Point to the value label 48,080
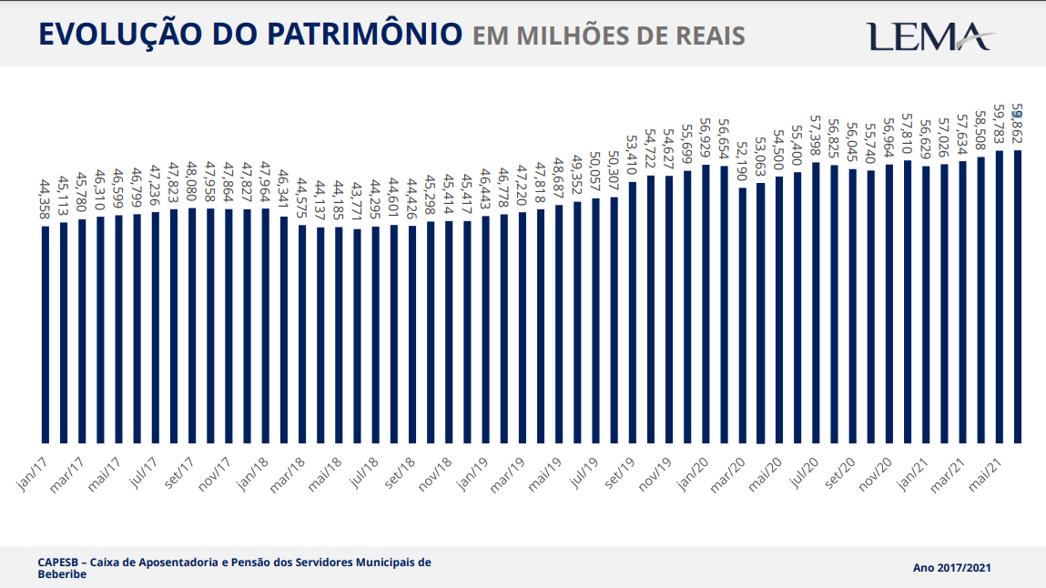click(x=192, y=184)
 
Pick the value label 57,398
click(x=816, y=138)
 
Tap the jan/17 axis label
click(x=33, y=475)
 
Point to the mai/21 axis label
click(x=986, y=475)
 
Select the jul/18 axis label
click(x=362, y=475)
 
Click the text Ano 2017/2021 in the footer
click(x=952, y=568)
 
